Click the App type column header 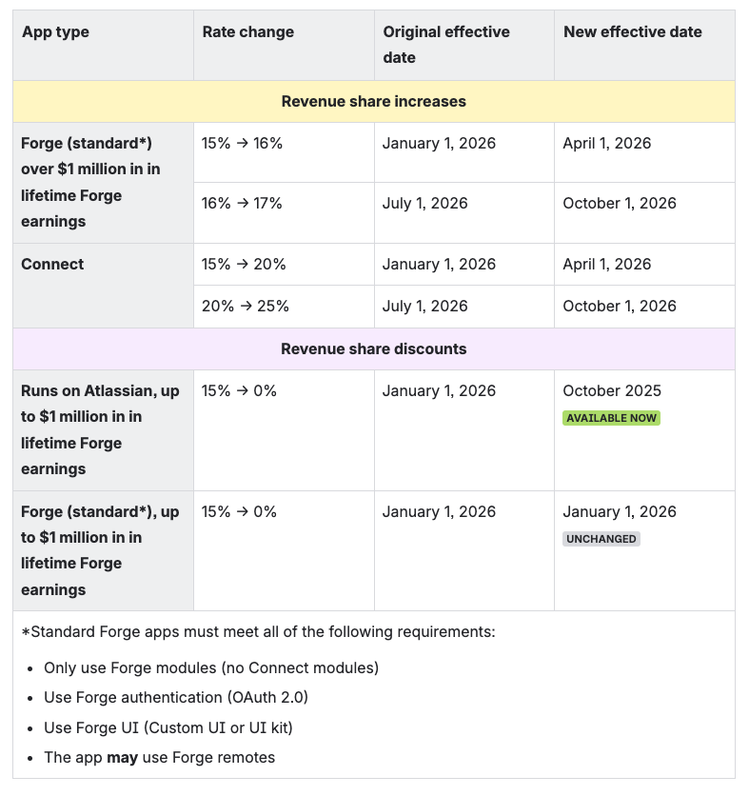pyautogui.click(x=55, y=32)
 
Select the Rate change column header pyautogui.click(x=248, y=32)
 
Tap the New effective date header pyautogui.click(x=633, y=32)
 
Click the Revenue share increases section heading pyautogui.click(x=374, y=101)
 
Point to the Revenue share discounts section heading pyautogui.click(x=374, y=348)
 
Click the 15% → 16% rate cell pyautogui.click(x=243, y=144)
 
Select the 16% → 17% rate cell pyautogui.click(x=243, y=203)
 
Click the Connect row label pyautogui.click(x=52, y=264)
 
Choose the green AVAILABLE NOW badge pyautogui.click(x=611, y=418)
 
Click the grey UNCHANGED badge pyautogui.click(x=601, y=539)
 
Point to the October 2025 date pyautogui.click(x=612, y=391)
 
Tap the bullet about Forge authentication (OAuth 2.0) pyautogui.click(x=176, y=697)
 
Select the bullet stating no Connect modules pyautogui.click(x=211, y=667)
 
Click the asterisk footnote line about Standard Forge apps pyautogui.click(x=258, y=632)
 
